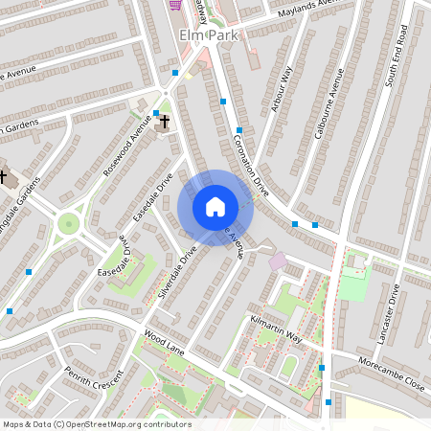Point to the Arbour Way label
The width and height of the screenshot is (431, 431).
pos(280,90)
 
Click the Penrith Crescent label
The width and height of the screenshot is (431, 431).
pos(93,380)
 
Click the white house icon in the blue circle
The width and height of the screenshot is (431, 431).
pos(215,207)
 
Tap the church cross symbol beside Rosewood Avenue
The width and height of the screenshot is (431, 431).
pos(164,123)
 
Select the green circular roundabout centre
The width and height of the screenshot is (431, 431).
pos(68,224)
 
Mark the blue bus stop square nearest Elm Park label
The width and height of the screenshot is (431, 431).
pos(175,72)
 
